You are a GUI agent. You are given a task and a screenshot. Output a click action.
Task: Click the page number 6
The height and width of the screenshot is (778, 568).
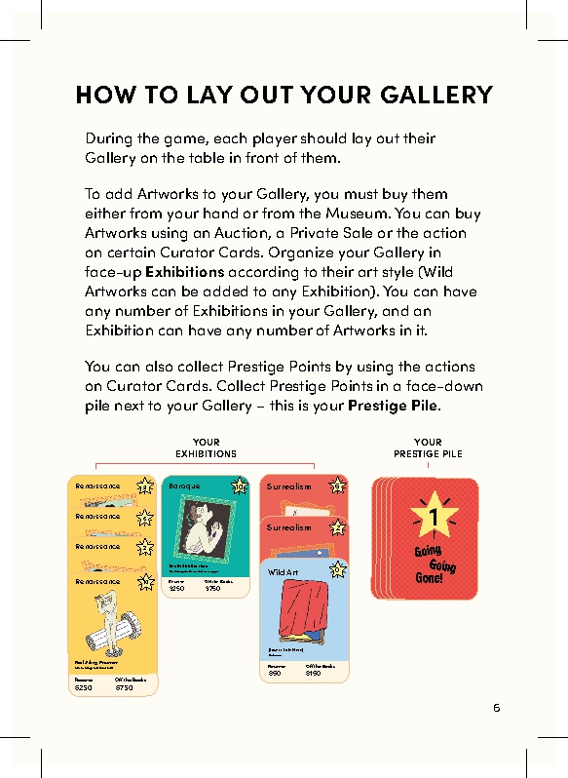(x=496, y=708)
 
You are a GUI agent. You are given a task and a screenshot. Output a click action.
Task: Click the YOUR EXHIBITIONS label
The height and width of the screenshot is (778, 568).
(x=206, y=447)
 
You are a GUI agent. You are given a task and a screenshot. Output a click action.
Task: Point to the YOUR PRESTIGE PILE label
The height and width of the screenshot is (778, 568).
(x=428, y=447)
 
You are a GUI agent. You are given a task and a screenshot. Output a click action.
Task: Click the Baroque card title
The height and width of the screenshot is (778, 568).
(x=184, y=486)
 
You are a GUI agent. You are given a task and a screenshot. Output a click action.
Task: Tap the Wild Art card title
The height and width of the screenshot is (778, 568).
(x=284, y=572)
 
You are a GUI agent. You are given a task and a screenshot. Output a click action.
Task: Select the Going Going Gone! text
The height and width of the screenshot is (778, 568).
(x=435, y=564)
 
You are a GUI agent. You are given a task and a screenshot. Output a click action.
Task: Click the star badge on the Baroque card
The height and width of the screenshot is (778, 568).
(x=240, y=486)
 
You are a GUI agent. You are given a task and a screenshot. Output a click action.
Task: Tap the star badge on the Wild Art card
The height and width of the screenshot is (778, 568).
(x=337, y=569)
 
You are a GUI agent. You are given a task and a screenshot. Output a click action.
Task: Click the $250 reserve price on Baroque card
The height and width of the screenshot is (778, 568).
(x=176, y=589)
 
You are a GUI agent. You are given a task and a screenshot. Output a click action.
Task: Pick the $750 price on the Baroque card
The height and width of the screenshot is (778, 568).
(x=213, y=589)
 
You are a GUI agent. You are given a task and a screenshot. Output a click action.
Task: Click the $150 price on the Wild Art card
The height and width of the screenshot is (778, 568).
(x=312, y=673)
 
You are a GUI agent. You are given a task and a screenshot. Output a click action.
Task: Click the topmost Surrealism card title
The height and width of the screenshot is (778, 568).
(x=289, y=486)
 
